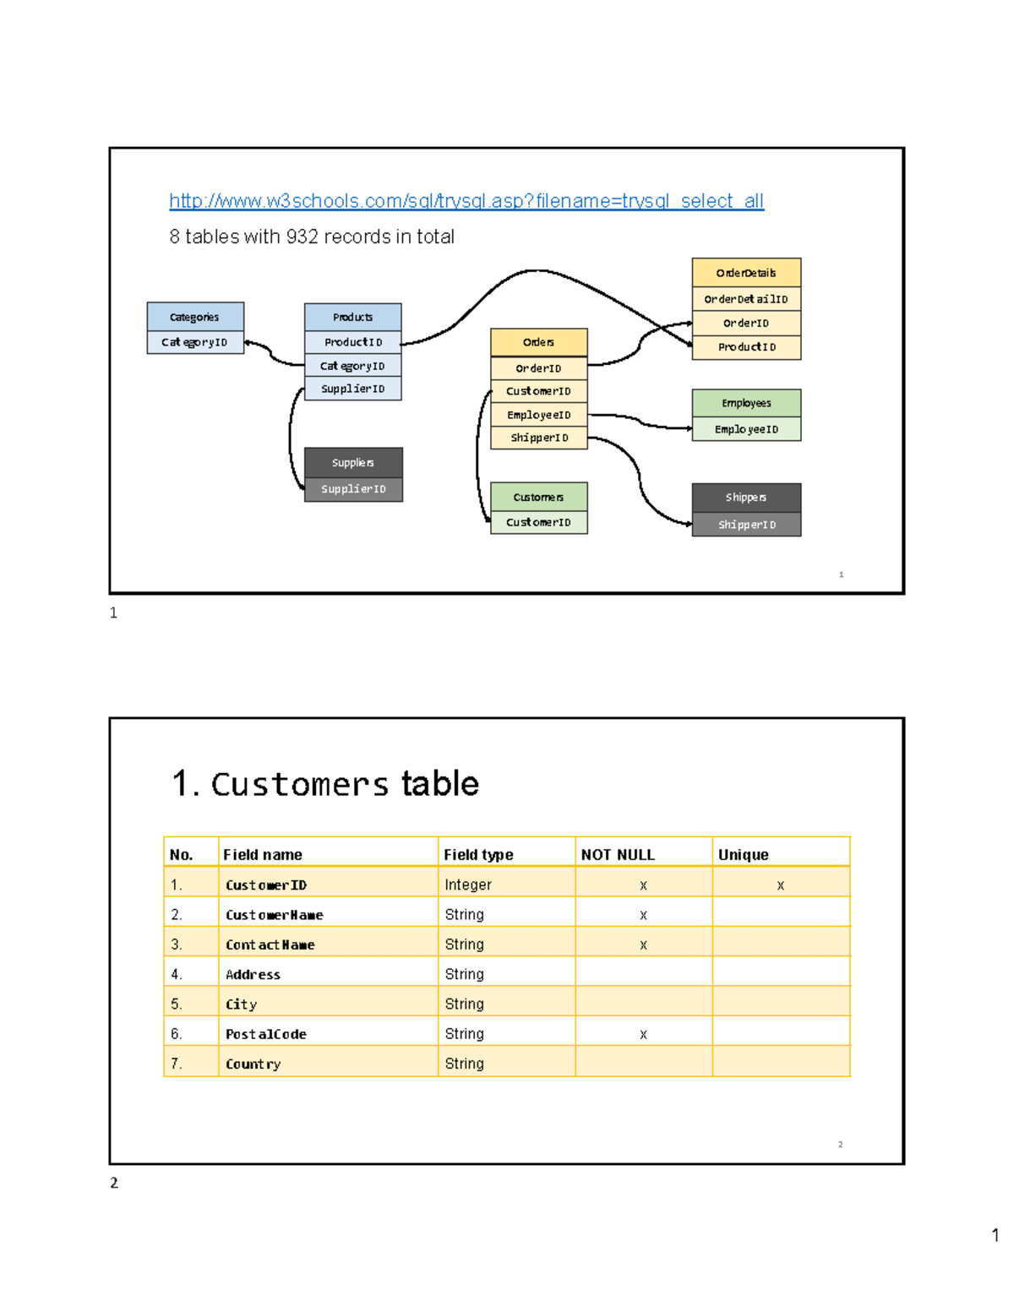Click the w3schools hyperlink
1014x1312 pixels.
click(x=466, y=201)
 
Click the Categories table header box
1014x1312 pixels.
click(x=195, y=317)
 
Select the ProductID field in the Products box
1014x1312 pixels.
click(x=353, y=342)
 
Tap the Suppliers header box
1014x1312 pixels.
click(x=353, y=463)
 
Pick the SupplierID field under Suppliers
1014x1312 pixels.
click(x=353, y=489)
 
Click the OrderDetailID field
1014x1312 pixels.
click(x=746, y=299)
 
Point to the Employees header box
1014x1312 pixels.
click(x=746, y=403)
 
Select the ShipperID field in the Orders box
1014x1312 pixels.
click(x=539, y=438)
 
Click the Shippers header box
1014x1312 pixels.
click(x=746, y=498)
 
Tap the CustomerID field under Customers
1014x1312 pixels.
click(x=539, y=522)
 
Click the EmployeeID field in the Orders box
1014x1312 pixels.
click(x=539, y=415)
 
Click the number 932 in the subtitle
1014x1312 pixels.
click(x=303, y=237)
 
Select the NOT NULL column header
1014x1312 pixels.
click(x=618, y=855)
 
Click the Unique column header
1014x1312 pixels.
click(x=744, y=855)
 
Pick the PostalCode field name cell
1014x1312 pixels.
click(x=266, y=1034)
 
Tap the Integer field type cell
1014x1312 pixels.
click(x=468, y=885)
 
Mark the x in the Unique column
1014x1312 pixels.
click(x=781, y=885)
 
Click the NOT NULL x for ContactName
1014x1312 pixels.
click(x=643, y=945)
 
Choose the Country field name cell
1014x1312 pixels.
click(x=253, y=1064)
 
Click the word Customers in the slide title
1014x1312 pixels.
click(x=300, y=784)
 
